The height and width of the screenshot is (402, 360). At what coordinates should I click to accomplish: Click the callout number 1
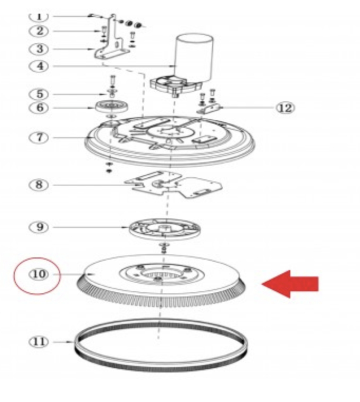click(x=39, y=16)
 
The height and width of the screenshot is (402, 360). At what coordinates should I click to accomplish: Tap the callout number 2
click(x=39, y=31)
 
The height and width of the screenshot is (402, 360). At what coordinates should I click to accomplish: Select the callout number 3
click(x=39, y=49)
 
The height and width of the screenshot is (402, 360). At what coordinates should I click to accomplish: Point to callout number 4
click(x=39, y=66)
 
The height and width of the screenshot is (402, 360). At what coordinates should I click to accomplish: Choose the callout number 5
click(x=39, y=94)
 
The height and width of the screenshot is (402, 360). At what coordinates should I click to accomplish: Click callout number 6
click(x=39, y=108)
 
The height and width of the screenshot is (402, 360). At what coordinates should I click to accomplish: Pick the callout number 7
click(x=39, y=137)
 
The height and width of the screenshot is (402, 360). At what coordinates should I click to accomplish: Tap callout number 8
click(x=39, y=185)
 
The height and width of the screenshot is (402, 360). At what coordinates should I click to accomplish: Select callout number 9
click(x=39, y=227)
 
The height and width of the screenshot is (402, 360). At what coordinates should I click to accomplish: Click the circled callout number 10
click(x=39, y=274)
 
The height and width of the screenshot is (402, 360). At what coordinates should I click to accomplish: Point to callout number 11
click(x=39, y=342)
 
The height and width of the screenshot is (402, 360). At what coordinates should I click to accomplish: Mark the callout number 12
click(x=286, y=108)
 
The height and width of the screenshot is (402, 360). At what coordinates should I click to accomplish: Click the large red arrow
click(x=290, y=284)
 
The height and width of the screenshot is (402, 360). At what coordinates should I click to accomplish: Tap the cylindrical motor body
click(x=194, y=58)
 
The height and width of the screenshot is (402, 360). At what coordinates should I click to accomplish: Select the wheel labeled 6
click(x=111, y=107)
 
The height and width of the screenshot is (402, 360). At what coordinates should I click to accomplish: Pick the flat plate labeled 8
click(x=173, y=185)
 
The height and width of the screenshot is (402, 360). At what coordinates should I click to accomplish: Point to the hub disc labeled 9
click(x=165, y=228)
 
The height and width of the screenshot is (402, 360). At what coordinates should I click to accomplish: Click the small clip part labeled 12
click(x=210, y=109)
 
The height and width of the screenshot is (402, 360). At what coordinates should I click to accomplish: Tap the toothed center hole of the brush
click(x=158, y=275)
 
